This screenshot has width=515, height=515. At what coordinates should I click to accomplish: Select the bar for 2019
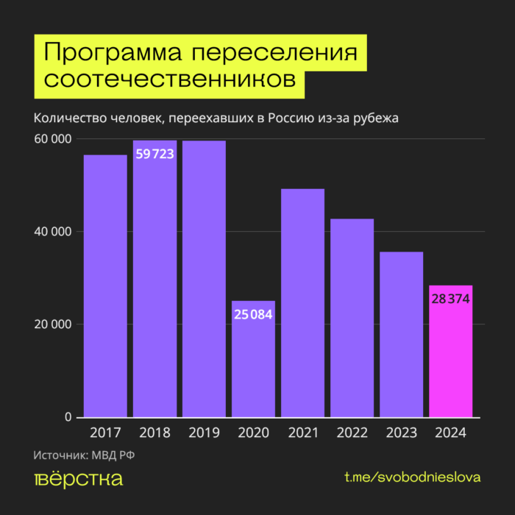tap(204, 279)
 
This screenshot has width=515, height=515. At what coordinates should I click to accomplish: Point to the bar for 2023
tap(401, 335)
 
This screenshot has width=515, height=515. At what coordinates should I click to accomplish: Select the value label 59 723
tap(154, 154)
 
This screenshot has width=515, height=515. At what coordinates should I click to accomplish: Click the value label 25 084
tap(253, 314)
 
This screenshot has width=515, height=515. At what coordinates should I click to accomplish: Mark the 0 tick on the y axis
tap(68, 417)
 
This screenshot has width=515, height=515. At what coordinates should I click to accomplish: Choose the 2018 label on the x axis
tap(154, 433)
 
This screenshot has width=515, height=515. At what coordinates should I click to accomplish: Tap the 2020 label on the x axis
tap(253, 433)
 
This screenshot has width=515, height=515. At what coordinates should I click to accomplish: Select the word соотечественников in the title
tap(170, 79)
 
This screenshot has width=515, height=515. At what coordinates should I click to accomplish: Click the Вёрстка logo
tap(78, 479)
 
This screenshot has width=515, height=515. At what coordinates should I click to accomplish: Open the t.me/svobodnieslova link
tap(413, 477)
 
